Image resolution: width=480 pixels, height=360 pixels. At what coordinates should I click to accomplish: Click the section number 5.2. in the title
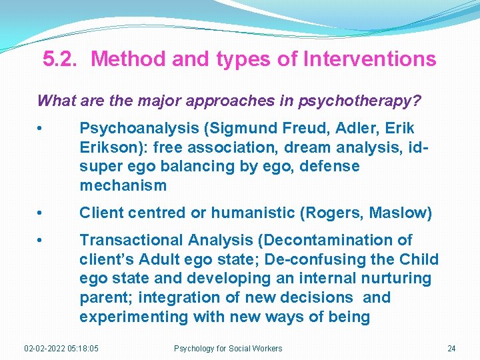point(63,59)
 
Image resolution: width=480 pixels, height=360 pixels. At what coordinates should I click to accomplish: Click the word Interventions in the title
point(369,59)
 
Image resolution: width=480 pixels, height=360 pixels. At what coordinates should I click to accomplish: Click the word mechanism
point(123,185)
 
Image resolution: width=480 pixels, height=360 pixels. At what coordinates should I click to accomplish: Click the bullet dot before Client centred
point(42,213)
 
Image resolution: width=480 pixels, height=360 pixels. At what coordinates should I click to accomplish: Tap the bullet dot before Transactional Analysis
point(42,240)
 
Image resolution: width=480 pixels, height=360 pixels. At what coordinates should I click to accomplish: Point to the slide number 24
point(451,349)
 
